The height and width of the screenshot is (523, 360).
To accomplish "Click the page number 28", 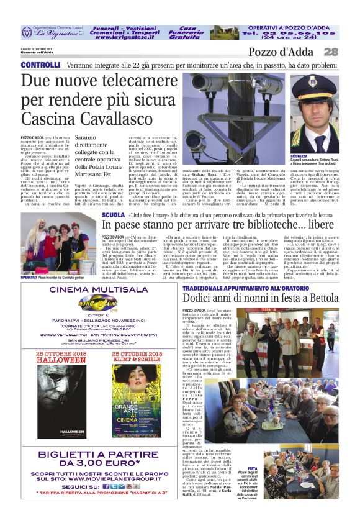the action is coord(331,52).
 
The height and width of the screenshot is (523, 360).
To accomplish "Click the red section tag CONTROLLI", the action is coord(40,65).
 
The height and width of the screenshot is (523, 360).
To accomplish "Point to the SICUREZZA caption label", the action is coord(300,157).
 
